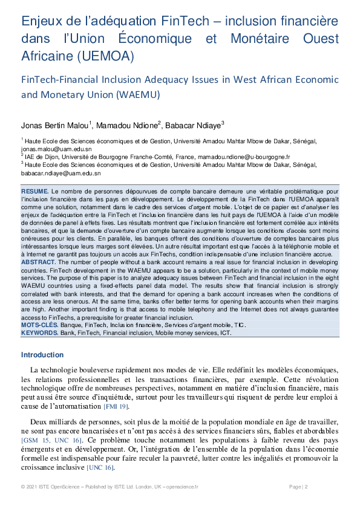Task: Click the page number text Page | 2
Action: (298, 487)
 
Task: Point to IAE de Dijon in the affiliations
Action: (39, 157)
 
